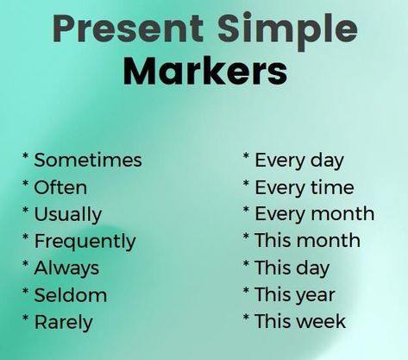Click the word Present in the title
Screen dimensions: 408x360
[x=129, y=28]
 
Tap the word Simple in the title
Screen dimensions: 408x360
[x=287, y=31]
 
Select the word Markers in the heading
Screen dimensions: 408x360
[x=205, y=70]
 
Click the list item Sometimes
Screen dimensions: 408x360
[x=88, y=160]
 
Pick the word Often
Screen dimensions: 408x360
[x=60, y=187]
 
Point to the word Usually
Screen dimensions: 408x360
[x=68, y=215]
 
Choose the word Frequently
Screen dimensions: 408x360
[x=85, y=242]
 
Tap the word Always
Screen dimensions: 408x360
[x=66, y=268]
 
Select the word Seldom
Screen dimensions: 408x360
[x=71, y=295]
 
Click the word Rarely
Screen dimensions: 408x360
[x=64, y=323]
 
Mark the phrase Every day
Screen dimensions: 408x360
[x=299, y=161]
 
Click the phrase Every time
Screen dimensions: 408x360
[x=304, y=188]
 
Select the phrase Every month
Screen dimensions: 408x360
[x=315, y=214]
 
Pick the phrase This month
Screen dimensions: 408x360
[x=308, y=240]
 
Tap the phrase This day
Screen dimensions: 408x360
[x=292, y=268]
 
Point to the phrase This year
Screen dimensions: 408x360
[x=295, y=295]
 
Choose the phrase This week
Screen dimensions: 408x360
[x=300, y=321]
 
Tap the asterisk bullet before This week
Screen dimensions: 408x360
[x=246, y=318]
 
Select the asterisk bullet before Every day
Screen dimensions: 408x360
[x=246, y=156]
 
